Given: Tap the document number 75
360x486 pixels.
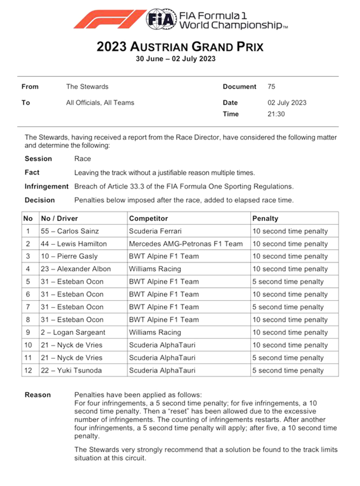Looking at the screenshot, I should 271,87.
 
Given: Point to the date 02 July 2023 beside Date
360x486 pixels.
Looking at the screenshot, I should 287,103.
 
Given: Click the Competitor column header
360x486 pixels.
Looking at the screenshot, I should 148,218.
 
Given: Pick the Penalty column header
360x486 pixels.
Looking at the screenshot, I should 265,218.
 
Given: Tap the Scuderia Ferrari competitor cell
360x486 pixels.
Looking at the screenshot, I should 155,231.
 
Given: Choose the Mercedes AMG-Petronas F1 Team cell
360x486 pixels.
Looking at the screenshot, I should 186,244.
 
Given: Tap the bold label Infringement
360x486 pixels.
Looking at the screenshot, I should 47,186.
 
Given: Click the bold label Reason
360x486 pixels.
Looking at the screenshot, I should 38,395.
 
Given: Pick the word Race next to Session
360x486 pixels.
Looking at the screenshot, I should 83,159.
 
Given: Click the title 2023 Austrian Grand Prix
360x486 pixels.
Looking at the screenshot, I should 180,47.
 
